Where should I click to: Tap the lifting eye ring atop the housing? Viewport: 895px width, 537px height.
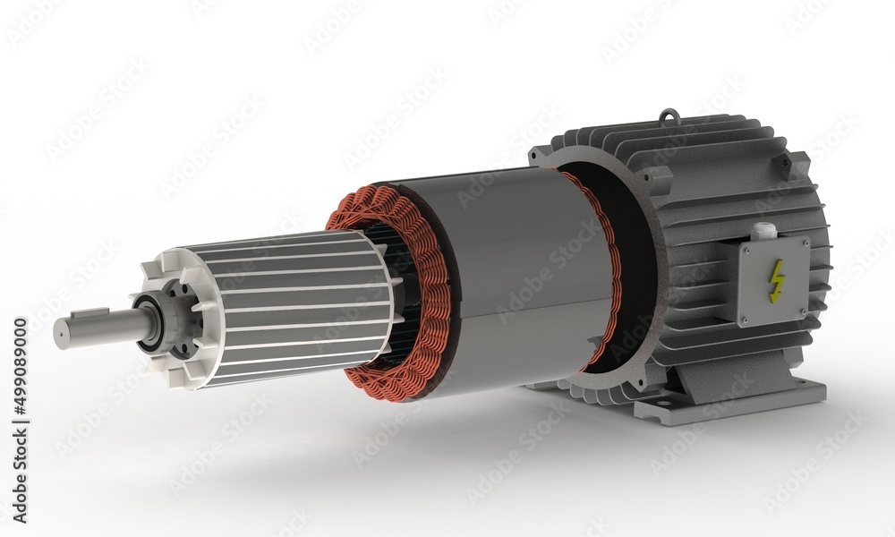point(669,116)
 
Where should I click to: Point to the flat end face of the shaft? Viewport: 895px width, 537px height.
point(58,334)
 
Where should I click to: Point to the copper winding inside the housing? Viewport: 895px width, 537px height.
point(609,268)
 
